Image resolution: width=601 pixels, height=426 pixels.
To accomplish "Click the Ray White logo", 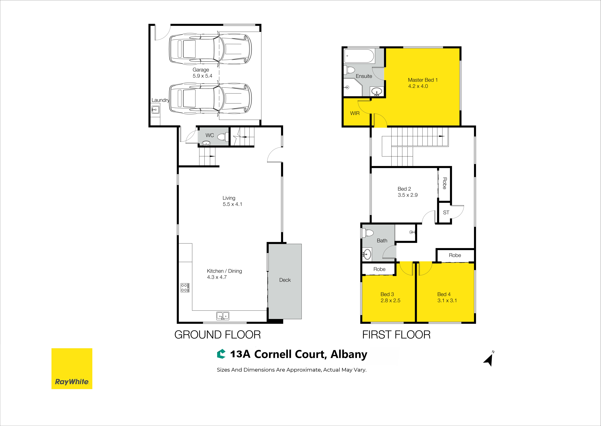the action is coord(72,369).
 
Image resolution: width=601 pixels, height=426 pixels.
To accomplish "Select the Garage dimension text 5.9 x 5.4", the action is coord(202,76).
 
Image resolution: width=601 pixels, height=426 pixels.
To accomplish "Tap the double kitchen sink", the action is coord(223,316).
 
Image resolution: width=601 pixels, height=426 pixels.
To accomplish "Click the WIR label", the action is coord(355,113).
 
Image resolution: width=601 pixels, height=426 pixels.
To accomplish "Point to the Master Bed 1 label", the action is coord(423,80).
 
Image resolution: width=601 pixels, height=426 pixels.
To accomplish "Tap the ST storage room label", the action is coord(446,212).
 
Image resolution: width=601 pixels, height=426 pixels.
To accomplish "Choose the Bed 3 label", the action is coord(387,294).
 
